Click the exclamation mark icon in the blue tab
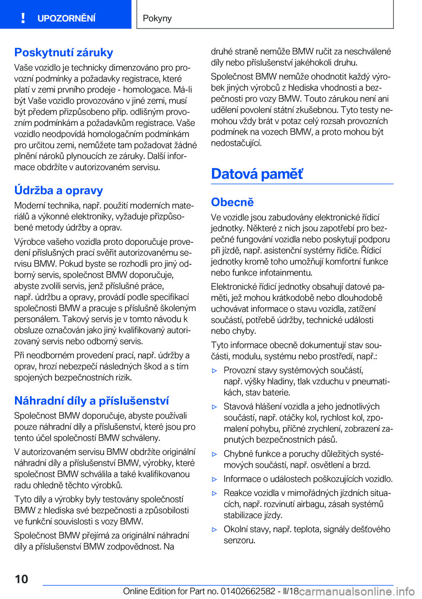pos(23,18)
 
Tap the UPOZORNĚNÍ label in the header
pos(66,18)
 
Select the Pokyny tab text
pos(157,18)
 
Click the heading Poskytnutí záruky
pos(64,52)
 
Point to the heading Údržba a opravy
pos(58,190)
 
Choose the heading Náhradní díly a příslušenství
pos(91,401)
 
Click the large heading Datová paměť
pos(257,174)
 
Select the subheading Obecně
pos(233,202)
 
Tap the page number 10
pos(22,579)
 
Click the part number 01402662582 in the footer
pos(248,591)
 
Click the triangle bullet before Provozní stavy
pos(215,371)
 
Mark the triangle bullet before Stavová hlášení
pos(215,407)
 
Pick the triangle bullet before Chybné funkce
pos(215,454)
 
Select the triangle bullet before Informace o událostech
pos(215,479)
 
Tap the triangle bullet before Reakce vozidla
pos(215,493)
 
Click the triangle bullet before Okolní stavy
pos(215,530)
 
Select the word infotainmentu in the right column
pos(286,273)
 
